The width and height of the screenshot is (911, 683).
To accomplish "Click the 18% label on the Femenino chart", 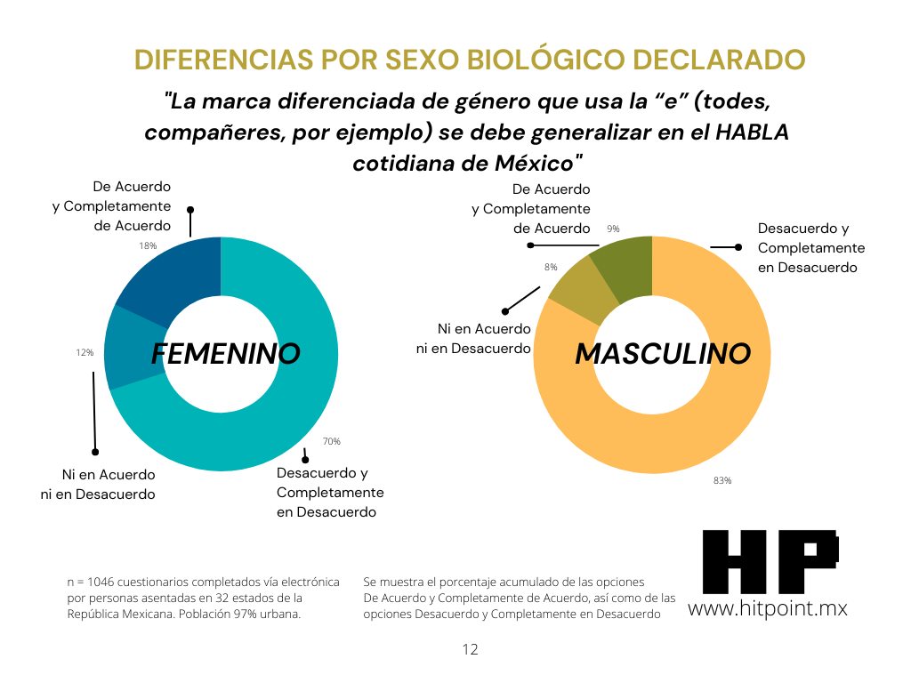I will pos(148,245).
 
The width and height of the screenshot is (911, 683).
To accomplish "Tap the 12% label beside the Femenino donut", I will pos(85,353).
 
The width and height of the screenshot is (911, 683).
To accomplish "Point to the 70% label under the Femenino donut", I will pos(331,441).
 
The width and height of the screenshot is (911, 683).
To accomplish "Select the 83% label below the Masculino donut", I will pos(722,480).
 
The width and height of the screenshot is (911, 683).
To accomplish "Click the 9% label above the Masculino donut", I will pos(613,229).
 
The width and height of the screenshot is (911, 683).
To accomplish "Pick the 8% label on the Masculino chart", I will pos(551,267).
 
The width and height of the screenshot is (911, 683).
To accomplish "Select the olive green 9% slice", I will pos(625,267).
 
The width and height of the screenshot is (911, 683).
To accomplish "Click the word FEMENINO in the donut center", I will pos(225,354).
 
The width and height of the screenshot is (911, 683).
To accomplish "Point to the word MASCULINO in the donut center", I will pos(663,354).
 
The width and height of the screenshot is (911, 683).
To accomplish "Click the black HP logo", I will pos(770,561).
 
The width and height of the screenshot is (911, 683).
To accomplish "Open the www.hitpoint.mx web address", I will pos(767,609).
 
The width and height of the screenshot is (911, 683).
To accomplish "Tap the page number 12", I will pos(471,650).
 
